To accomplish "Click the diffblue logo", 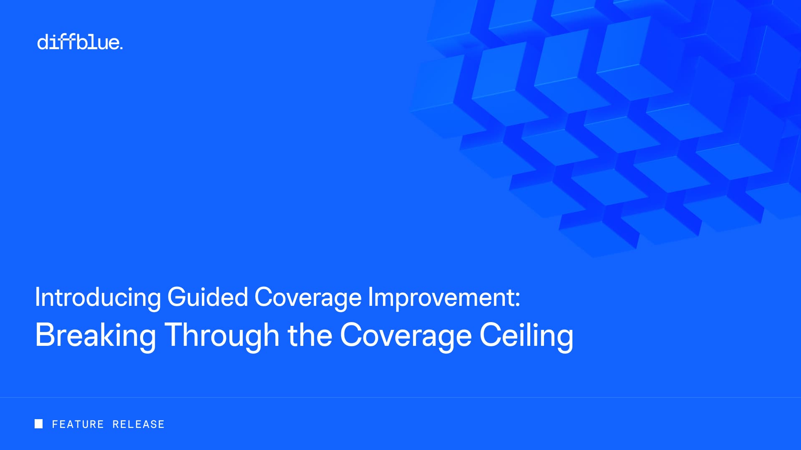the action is pyautogui.click(x=80, y=42).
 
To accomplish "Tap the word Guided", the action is pyautogui.click(x=208, y=297).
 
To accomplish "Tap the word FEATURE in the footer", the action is pyautogui.click(x=78, y=424).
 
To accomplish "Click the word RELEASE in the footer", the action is pyautogui.click(x=139, y=424).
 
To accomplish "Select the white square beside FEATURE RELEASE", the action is pyautogui.click(x=38, y=424).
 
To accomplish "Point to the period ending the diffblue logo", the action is pyautogui.click(x=121, y=48).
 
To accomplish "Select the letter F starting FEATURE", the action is pyautogui.click(x=55, y=424).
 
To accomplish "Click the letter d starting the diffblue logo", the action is pyautogui.click(x=43, y=42).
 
